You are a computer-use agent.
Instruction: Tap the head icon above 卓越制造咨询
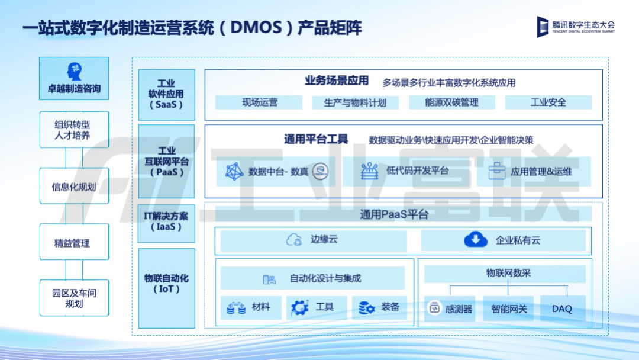pyautogui.click(x=74, y=71)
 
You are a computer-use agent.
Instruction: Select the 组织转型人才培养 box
pyautogui.click(x=74, y=130)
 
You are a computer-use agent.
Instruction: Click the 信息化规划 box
pyautogui.click(x=74, y=187)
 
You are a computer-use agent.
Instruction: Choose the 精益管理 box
pyautogui.click(x=74, y=243)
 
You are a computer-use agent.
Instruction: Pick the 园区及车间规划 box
pyautogui.click(x=74, y=298)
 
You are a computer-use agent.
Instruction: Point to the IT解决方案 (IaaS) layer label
pyautogui.click(x=166, y=221)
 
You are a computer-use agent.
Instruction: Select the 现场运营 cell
pyautogui.click(x=260, y=102)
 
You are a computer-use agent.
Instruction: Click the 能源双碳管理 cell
pyautogui.click(x=451, y=102)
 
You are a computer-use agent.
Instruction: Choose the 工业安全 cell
pyautogui.click(x=548, y=102)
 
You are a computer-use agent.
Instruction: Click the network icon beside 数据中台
pyautogui.click(x=234, y=172)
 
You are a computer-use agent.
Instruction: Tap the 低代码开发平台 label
pyautogui.click(x=417, y=171)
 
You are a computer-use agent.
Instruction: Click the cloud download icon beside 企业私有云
pyautogui.click(x=475, y=240)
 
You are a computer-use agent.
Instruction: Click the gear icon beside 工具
pyautogui.click(x=299, y=307)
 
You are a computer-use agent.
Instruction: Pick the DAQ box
pyautogui.click(x=561, y=308)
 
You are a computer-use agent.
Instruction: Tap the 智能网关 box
pyautogui.click(x=509, y=308)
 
